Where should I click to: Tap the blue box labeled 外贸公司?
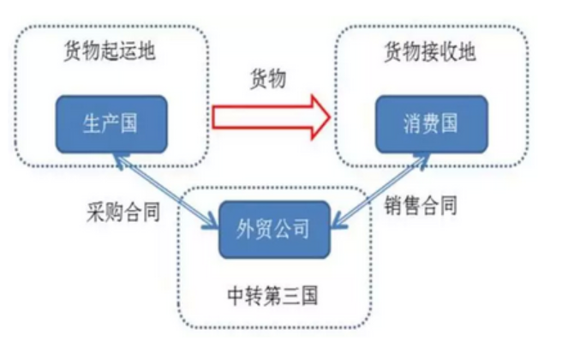pos(272,229)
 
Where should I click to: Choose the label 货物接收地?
pos(429,51)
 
